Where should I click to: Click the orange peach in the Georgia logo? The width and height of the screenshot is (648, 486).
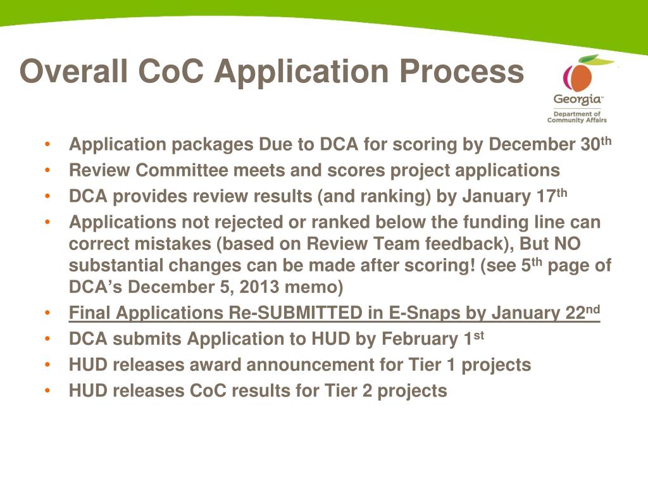[577, 77]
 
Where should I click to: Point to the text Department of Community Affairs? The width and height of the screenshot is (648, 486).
[576, 116]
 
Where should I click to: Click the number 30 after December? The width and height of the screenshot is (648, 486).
[590, 145]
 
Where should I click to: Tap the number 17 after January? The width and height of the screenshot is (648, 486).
[544, 197]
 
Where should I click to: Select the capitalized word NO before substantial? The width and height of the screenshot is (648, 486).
[567, 244]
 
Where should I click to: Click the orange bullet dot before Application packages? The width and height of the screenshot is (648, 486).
[49, 146]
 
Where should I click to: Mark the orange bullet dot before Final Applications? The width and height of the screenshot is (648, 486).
[49, 314]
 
